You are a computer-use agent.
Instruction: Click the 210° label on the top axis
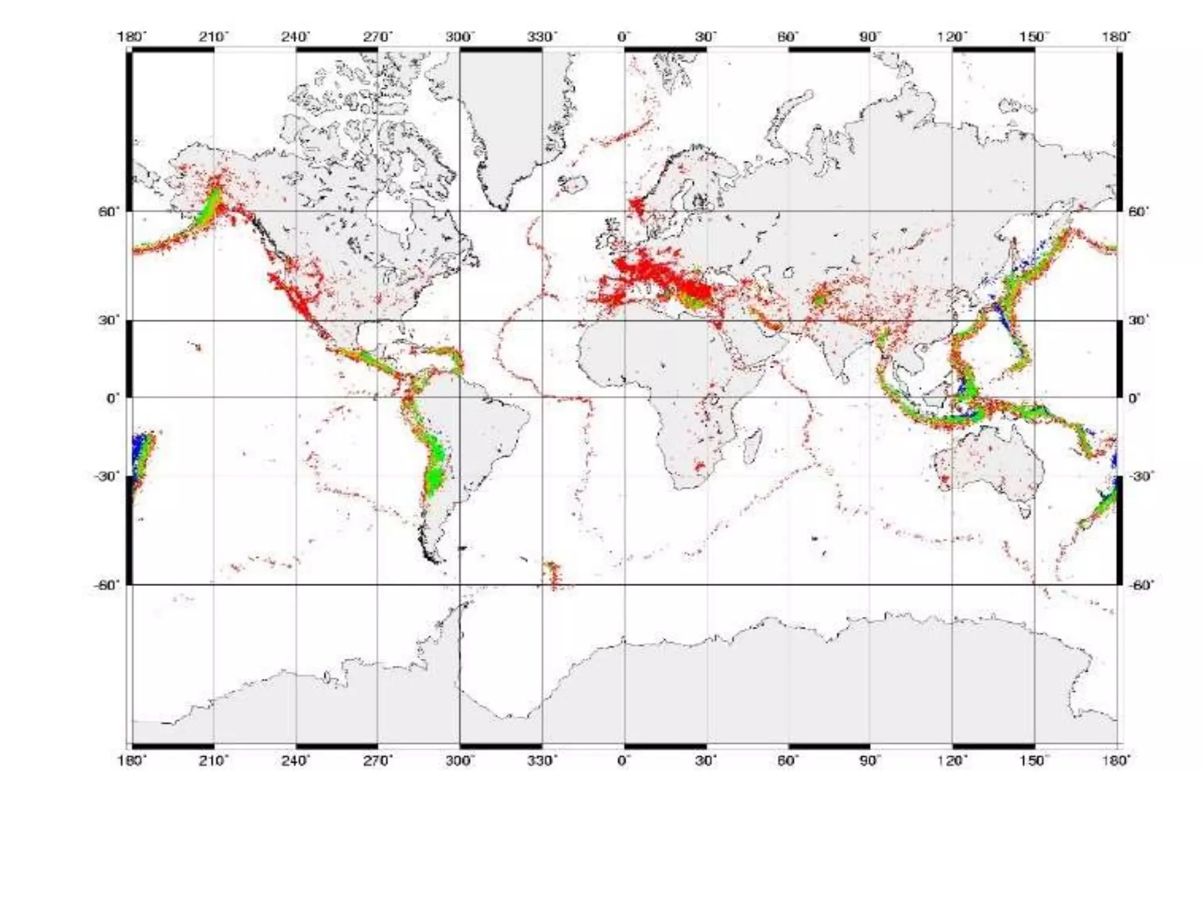click(x=213, y=37)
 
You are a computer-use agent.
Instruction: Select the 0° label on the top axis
click(x=623, y=37)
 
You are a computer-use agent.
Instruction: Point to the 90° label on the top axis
click(x=870, y=37)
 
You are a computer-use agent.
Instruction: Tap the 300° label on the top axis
click(x=459, y=37)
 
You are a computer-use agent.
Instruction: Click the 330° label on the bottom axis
click(x=541, y=761)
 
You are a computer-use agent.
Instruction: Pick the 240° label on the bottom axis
click(x=295, y=761)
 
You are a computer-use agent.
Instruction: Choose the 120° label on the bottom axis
click(x=951, y=761)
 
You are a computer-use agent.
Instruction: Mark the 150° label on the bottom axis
click(x=1034, y=761)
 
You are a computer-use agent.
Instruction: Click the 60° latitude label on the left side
click(x=109, y=211)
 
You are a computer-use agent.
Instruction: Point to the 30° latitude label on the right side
click(x=1138, y=321)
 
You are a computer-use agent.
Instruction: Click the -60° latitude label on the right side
click(x=1140, y=585)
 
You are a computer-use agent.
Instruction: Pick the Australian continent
click(x=986, y=464)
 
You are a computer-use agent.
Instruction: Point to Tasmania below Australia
click(x=1025, y=511)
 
